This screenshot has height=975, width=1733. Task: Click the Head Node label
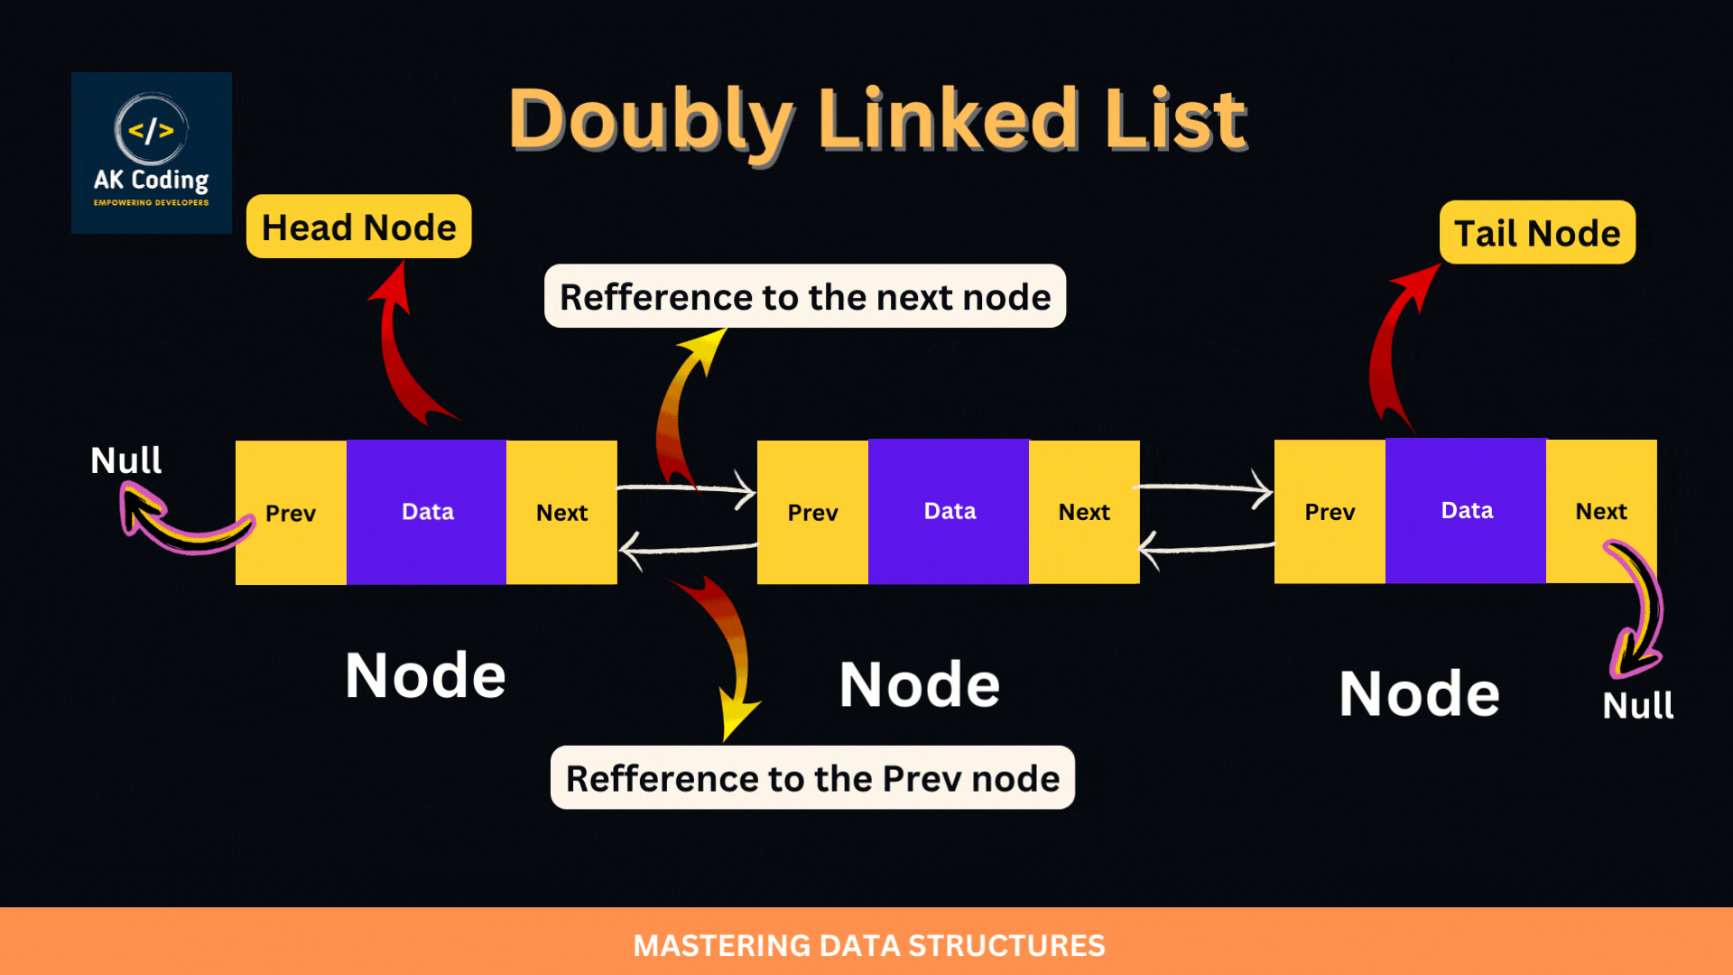[x=358, y=227]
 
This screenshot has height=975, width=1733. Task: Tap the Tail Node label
[x=1536, y=233]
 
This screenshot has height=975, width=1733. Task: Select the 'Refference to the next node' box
[x=804, y=297]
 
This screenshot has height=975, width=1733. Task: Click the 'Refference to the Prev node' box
[x=812, y=778]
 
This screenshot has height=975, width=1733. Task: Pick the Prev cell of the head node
[x=291, y=513]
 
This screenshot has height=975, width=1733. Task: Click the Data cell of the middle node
[x=949, y=512]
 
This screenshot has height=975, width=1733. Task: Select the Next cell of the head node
[x=561, y=513]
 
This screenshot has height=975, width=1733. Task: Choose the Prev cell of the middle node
[x=812, y=513]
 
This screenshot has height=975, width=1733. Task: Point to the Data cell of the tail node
[x=1466, y=511]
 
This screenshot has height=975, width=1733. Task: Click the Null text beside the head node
[x=126, y=461]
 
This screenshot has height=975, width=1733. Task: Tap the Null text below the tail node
[x=1637, y=705]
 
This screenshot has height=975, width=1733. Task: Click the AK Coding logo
[x=152, y=153]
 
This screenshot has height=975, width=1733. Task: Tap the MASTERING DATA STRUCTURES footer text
[x=868, y=945]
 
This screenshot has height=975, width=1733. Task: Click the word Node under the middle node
[x=919, y=684]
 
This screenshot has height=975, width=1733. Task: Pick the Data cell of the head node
[x=427, y=512]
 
